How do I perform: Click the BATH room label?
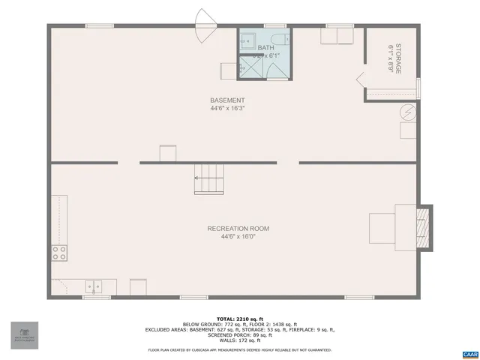click(x=265, y=47)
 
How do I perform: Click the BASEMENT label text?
click(x=226, y=100)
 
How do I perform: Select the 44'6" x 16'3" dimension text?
click(x=226, y=109)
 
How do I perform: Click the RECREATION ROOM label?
click(x=238, y=229)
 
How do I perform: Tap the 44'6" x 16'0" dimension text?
click(x=238, y=237)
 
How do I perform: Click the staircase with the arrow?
click(x=208, y=179)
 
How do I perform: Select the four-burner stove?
click(x=59, y=253)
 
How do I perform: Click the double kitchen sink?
click(x=94, y=286)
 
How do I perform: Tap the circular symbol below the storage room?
click(x=408, y=112)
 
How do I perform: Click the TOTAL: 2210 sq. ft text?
click(x=240, y=319)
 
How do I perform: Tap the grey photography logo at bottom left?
click(x=24, y=334)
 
